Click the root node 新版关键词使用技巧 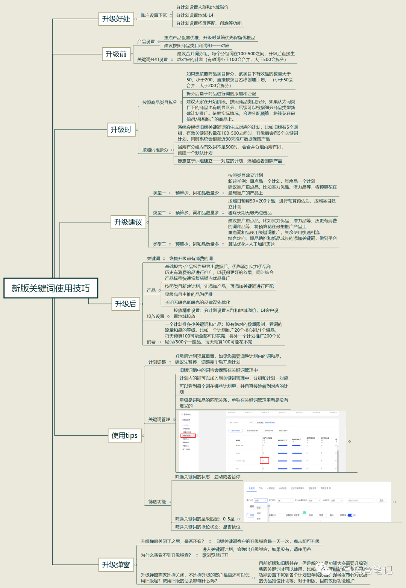coord(51,288)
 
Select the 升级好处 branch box coord(116,19)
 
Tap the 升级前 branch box coord(116,54)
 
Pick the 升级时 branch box coord(121,130)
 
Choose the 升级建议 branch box coord(128,222)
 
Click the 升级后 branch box coord(125,304)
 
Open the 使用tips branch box coord(124,435)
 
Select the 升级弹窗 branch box coord(116,565)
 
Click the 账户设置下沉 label coord(154,15)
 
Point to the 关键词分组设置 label coord(152,59)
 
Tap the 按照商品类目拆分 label coord(159,102)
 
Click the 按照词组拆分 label coord(155,150)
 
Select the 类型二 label coord(159,213)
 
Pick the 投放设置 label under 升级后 coord(155,316)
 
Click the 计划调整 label coord(157,362)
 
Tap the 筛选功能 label coord(157,502)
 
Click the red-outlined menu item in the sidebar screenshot coord(188,436)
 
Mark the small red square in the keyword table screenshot coord(264,460)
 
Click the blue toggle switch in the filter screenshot coord(350,515)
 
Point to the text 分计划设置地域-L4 coord(194,15)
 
